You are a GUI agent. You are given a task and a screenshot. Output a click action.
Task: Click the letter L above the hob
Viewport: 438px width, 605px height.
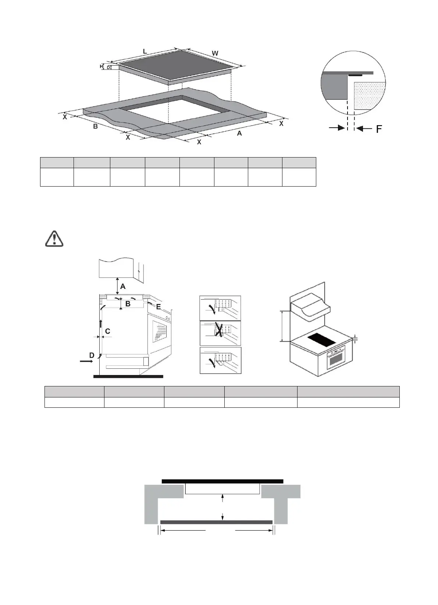tap(145, 52)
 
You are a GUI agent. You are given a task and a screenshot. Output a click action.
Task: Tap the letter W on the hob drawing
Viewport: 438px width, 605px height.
tap(215, 53)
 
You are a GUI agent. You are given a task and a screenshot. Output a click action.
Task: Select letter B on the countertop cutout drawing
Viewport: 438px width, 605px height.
tap(95, 127)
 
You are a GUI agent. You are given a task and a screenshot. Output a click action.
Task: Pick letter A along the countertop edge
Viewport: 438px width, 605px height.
tap(239, 133)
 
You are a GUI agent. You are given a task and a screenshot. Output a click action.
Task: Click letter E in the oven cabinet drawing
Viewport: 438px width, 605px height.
tap(159, 306)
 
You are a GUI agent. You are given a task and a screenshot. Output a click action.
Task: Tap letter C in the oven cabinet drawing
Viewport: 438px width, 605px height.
tap(108, 331)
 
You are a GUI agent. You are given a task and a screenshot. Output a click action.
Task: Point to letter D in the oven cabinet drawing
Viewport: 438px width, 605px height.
tap(92, 355)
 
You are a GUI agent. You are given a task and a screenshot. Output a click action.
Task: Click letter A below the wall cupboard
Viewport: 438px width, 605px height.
tap(123, 286)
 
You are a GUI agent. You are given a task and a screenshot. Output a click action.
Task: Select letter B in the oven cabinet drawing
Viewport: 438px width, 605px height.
tap(128, 304)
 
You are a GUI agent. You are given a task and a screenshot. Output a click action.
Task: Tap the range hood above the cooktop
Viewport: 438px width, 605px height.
tap(310, 308)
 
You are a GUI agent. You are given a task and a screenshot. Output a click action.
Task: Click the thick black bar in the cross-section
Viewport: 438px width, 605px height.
tap(222, 481)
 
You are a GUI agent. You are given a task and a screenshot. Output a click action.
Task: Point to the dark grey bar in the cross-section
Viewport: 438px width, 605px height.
tap(216, 522)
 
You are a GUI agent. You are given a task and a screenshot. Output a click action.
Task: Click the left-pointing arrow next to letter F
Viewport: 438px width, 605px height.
tap(364, 128)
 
